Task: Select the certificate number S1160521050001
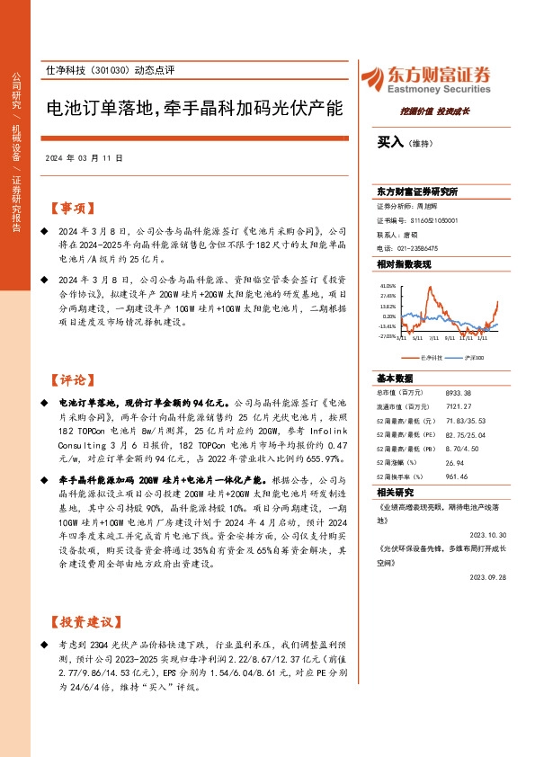[x=435, y=219]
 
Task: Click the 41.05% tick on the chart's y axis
[x=388, y=285]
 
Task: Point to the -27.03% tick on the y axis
[x=387, y=337]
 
